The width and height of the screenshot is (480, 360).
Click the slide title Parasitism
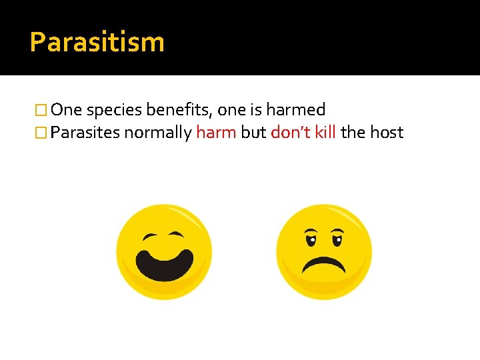point(97,42)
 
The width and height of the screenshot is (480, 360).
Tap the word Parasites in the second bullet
point(85,133)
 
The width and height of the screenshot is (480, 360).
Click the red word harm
point(216,132)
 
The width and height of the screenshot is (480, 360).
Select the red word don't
point(291,132)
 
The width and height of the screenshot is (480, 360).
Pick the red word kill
point(325,132)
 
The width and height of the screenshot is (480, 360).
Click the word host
point(387,132)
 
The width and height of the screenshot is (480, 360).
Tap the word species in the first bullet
point(111,110)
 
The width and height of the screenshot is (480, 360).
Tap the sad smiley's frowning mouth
point(324,265)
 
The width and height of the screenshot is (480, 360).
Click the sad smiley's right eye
point(337,238)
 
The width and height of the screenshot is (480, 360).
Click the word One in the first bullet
point(66,110)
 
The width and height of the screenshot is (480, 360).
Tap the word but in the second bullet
point(253,132)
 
